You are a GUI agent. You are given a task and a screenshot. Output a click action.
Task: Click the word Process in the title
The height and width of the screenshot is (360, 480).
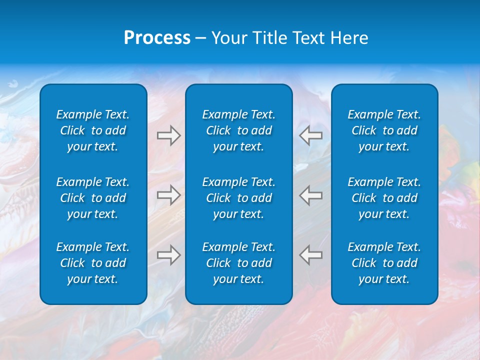coord(157,38)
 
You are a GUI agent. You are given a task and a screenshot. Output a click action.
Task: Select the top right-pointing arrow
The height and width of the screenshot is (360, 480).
coord(169,135)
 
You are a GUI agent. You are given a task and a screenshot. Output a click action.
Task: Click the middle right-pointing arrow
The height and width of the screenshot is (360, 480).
coord(169,195)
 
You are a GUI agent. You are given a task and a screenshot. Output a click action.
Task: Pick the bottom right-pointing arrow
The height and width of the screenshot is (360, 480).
coord(169,255)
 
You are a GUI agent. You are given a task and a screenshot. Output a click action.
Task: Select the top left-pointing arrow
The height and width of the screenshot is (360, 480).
coord(310,135)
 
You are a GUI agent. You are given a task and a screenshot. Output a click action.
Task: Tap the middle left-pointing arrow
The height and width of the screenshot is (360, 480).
coord(310,195)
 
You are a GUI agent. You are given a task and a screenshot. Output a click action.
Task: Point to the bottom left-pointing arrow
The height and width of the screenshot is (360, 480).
coord(310,255)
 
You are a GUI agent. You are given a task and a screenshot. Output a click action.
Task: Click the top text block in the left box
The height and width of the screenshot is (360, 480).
coord(93,130)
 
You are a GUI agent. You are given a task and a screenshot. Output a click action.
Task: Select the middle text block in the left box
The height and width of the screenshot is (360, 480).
coord(93,198)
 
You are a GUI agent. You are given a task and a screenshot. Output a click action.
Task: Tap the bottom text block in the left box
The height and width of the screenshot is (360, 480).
coord(93,263)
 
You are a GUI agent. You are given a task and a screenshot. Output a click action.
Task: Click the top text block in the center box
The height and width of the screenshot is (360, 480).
coord(239,130)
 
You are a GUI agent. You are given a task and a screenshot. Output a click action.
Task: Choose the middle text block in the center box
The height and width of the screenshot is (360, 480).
coord(239,198)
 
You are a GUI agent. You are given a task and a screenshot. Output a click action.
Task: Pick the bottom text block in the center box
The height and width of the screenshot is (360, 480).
coord(239,263)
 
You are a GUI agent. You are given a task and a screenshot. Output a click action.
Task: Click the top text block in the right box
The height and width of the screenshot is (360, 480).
coord(384,130)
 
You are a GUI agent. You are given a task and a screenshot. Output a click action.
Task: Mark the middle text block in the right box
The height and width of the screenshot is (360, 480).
coord(384,198)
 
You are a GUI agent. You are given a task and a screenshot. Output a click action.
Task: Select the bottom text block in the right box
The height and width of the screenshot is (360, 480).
coord(384,263)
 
